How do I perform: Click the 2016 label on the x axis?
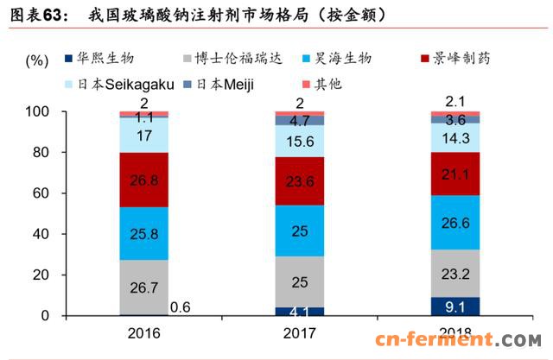(143, 332)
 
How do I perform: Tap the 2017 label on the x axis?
(300, 332)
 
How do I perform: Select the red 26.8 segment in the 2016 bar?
(144, 180)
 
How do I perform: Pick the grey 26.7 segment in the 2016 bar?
(144, 287)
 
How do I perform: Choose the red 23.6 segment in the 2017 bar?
(301, 181)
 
